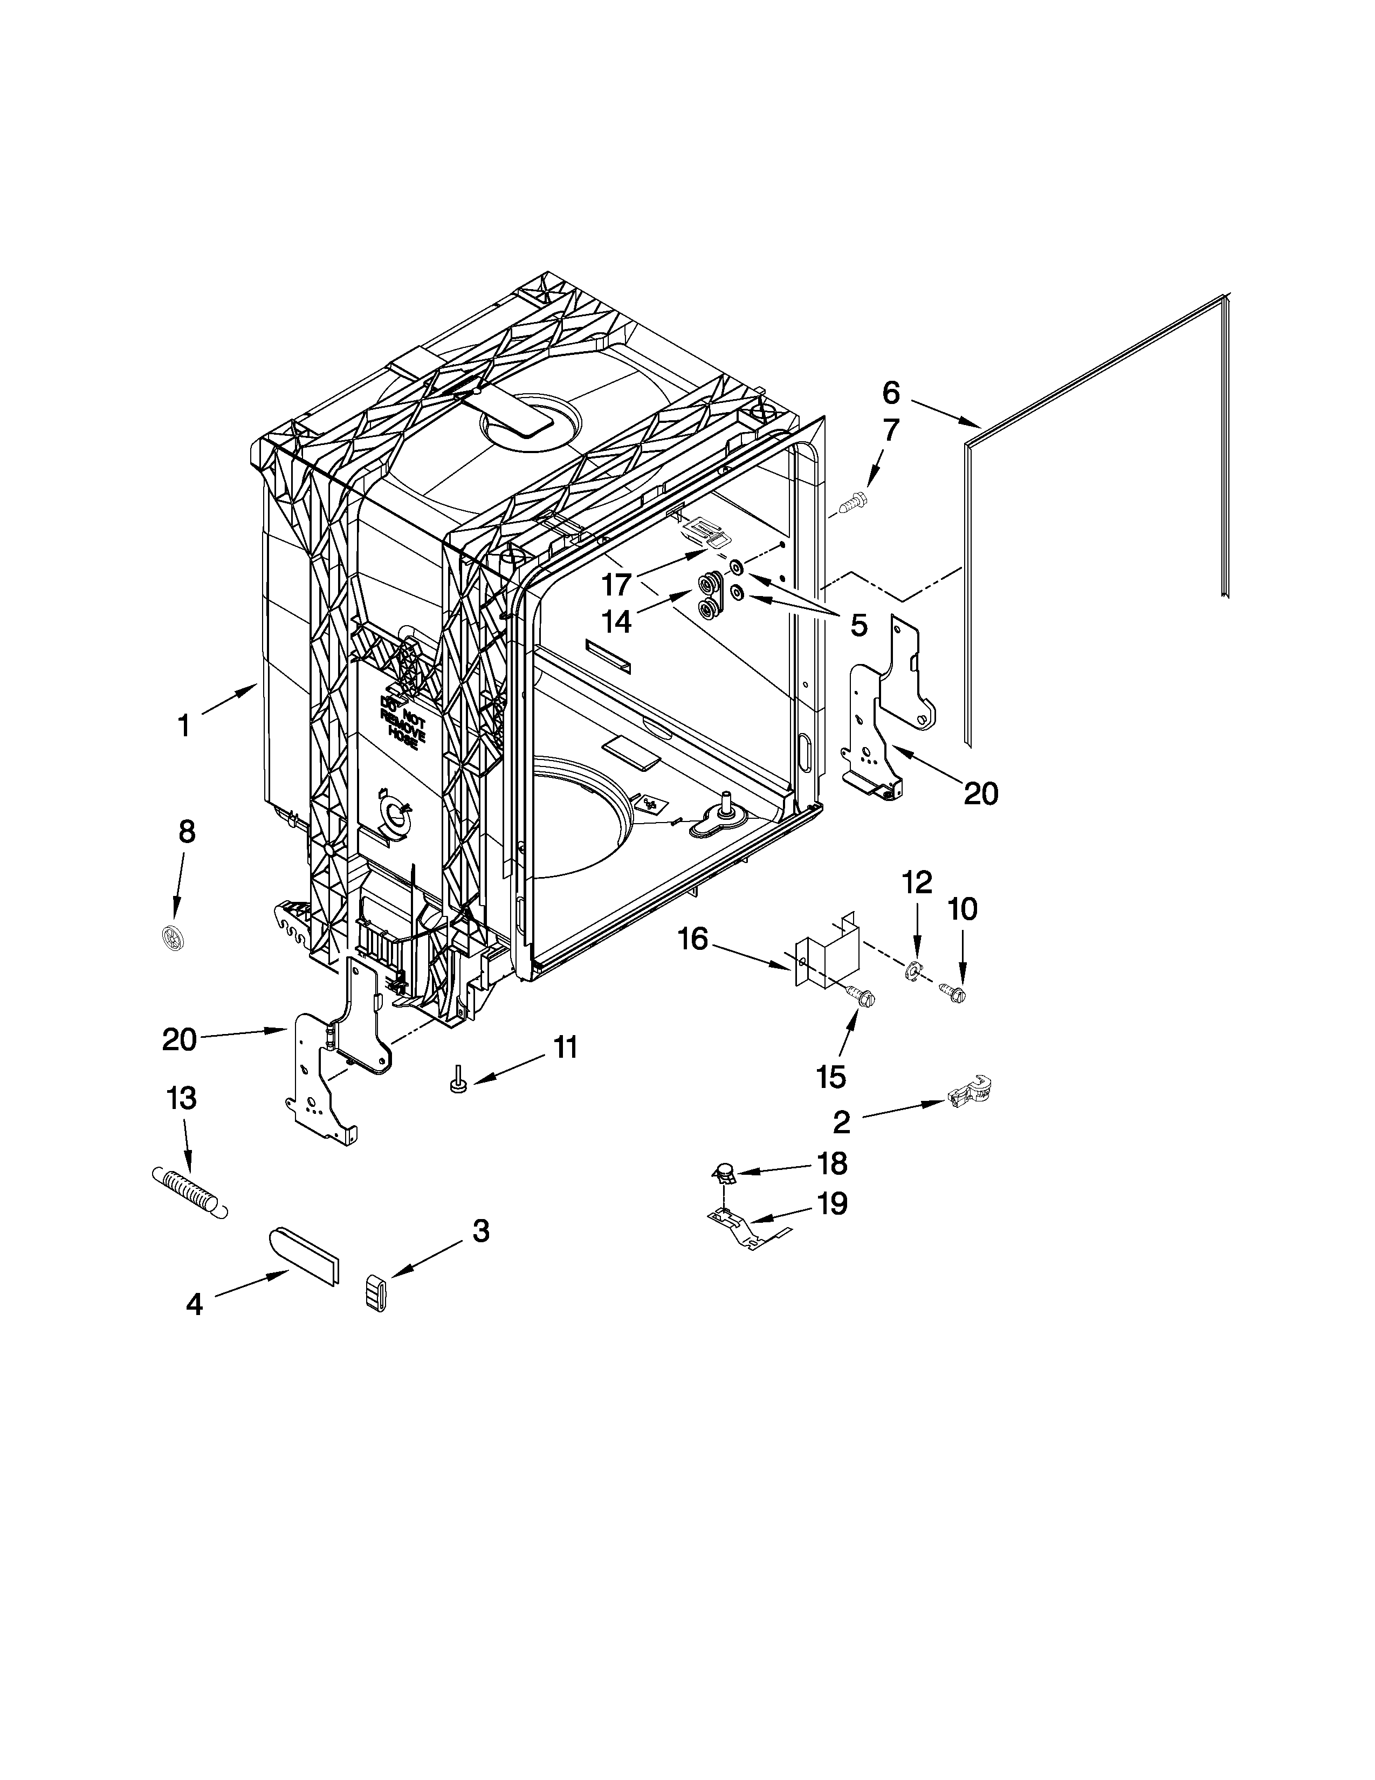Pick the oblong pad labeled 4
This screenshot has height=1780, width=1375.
coord(305,1256)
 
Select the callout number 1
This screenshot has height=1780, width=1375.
coord(184,724)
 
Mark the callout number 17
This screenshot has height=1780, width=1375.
coord(617,584)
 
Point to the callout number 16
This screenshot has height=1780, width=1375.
coord(693,939)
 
